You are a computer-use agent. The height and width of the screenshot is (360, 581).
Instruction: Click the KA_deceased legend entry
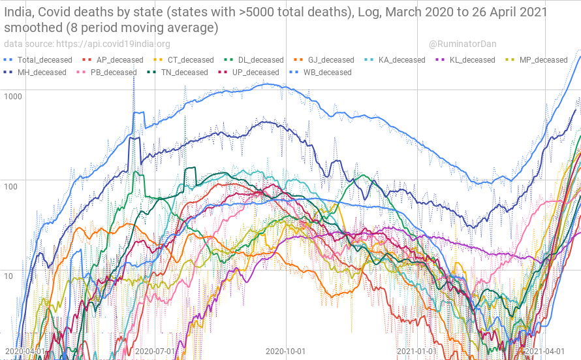(401, 60)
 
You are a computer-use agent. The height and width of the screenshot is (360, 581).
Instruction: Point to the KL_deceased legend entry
(473, 60)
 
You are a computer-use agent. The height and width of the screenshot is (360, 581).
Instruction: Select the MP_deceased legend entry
(544, 60)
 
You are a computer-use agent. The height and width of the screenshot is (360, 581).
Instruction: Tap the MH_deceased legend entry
(42, 73)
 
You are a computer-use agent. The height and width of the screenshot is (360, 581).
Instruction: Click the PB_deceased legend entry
(113, 73)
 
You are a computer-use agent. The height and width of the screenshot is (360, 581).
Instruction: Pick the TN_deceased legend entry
(184, 73)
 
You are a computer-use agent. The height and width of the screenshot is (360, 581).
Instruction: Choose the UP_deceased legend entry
(255, 73)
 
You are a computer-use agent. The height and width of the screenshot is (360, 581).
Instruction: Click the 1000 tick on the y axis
(13, 96)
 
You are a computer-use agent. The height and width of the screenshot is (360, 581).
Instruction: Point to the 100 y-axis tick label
(11, 186)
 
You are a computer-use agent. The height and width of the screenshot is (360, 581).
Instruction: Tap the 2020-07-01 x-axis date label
(155, 352)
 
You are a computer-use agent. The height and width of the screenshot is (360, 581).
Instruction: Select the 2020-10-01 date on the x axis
(286, 352)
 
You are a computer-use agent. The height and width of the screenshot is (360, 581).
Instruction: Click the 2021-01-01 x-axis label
(416, 352)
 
